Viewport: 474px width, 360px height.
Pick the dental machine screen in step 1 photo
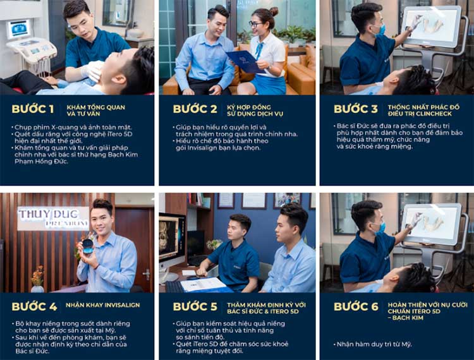pyautogui.click(x=18, y=29)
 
